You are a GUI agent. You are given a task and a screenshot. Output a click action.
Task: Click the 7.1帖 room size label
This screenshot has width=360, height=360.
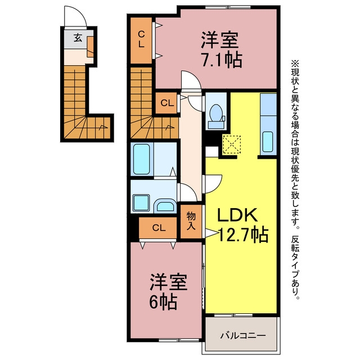(x=222, y=60)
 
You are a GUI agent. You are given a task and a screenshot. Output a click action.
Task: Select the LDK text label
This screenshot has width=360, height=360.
(x=237, y=215)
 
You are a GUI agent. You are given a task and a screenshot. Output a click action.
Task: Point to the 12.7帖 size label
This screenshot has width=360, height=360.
(x=243, y=235)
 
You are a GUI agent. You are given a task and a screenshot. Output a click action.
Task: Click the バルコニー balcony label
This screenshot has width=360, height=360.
(x=242, y=336)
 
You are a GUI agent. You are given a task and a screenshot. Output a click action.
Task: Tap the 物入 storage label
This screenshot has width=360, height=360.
(x=191, y=220)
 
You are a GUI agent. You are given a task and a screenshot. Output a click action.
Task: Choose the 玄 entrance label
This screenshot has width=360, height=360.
(x=78, y=38)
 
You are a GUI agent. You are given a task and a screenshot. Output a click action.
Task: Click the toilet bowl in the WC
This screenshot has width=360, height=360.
(x=215, y=112)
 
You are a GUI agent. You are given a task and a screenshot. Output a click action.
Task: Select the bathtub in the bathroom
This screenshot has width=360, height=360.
(x=141, y=159)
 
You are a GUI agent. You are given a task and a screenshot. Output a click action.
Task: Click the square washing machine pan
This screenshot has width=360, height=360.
(x=141, y=202)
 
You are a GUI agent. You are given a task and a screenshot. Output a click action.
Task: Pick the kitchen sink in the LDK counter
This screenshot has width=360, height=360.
(x=268, y=142)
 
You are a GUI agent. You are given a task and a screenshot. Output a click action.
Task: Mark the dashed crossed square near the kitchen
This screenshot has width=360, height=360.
(x=231, y=145)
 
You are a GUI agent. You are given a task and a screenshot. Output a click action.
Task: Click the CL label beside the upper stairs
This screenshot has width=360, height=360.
(x=167, y=103)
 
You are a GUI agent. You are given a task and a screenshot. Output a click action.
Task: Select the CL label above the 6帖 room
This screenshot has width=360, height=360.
(x=159, y=228)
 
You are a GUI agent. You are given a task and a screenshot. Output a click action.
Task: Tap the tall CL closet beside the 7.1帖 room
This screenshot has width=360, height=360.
(x=141, y=40)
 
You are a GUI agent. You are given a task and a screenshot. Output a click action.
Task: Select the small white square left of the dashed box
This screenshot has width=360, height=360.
(x=211, y=151)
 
